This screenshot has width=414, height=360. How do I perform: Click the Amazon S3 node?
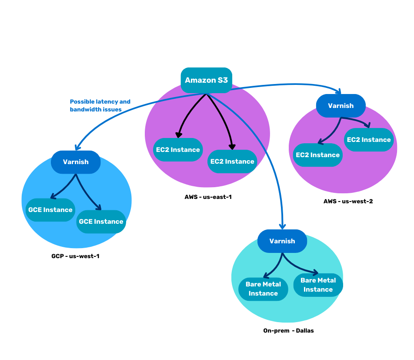click(206, 80)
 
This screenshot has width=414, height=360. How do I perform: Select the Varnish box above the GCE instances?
click(76, 162)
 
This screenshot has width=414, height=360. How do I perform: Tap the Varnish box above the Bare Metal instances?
click(282, 241)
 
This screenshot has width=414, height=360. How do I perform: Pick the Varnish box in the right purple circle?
click(341, 106)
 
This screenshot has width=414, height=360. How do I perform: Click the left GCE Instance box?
click(50, 210)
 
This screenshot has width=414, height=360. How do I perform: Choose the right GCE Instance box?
click(101, 222)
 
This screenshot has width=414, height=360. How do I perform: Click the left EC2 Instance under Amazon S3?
click(178, 150)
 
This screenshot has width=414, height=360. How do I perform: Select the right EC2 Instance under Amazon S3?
click(232, 161)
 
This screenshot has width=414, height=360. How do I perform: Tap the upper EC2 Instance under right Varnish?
click(369, 140)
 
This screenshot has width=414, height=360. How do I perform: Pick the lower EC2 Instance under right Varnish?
click(317, 155)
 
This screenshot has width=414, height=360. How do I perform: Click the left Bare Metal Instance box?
click(263, 289)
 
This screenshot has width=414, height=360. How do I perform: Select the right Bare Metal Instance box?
click(318, 285)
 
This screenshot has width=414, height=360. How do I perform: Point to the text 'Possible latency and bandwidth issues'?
click(100, 106)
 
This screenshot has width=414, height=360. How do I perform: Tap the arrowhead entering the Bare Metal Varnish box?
click(282, 226)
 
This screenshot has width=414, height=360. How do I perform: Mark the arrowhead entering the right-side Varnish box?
click(339, 91)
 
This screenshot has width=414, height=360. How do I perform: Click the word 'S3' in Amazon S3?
click(223, 80)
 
